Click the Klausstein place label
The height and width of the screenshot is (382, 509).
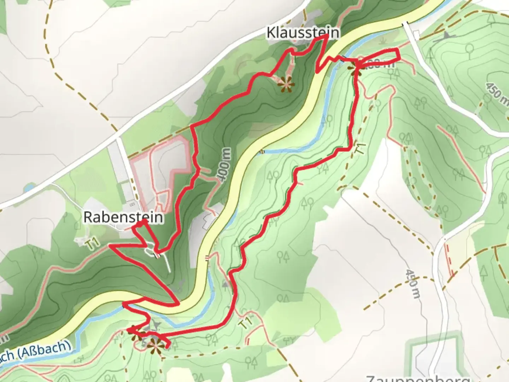pyautogui.click(x=303, y=33)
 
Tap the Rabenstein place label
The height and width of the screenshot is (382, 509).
pyautogui.click(x=123, y=217)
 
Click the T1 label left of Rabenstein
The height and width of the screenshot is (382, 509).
pyautogui.click(x=91, y=244)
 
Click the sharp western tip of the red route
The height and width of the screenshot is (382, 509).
pyautogui.click(x=110, y=245)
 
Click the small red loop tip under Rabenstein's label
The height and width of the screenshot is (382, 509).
pyautogui.click(x=144, y=221)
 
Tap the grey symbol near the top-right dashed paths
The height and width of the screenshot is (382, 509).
pyautogui.click(x=446, y=35)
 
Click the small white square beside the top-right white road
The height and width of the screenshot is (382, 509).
pyautogui.click(x=416, y=35)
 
